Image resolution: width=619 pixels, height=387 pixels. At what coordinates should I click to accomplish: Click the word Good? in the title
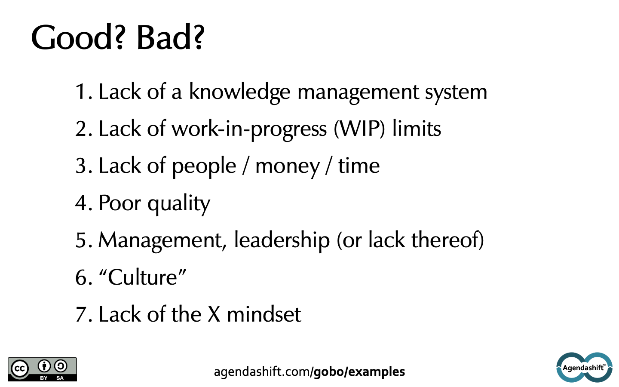(77, 37)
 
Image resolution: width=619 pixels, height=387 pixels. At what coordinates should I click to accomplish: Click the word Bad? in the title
(171, 37)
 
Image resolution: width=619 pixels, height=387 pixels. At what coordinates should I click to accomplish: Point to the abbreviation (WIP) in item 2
(359, 129)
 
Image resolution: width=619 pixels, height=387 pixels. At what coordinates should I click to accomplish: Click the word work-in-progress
(249, 129)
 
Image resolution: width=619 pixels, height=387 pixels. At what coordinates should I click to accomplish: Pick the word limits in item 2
(417, 129)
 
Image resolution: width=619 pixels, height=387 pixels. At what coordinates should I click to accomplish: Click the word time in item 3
(359, 166)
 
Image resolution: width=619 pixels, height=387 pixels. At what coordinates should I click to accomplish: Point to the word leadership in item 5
(282, 240)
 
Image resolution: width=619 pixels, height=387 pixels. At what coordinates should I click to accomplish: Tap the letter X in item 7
(214, 314)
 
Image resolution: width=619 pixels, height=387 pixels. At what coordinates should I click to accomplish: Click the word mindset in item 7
(264, 314)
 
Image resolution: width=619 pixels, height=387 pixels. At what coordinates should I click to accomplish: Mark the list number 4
(81, 203)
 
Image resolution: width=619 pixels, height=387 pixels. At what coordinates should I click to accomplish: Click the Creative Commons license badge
(42, 369)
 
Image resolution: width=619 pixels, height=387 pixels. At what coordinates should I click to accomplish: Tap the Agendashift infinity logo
(584, 367)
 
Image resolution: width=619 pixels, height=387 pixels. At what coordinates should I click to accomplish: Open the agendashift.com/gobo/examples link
(309, 372)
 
